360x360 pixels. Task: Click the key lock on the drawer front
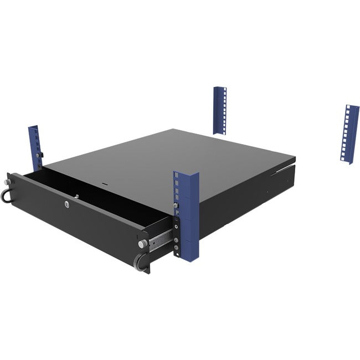(x=68, y=204)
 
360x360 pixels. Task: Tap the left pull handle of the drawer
(x=8, y=196)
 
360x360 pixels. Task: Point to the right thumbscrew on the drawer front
(x=142, y=243)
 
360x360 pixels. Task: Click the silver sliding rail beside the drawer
(x=160, y=239)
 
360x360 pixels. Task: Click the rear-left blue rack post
(x=219, y=110)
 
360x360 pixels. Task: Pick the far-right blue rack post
(x=350, y=130)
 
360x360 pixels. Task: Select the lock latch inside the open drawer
(x=77, y=195)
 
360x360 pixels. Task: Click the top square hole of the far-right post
(x=349, y=109)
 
